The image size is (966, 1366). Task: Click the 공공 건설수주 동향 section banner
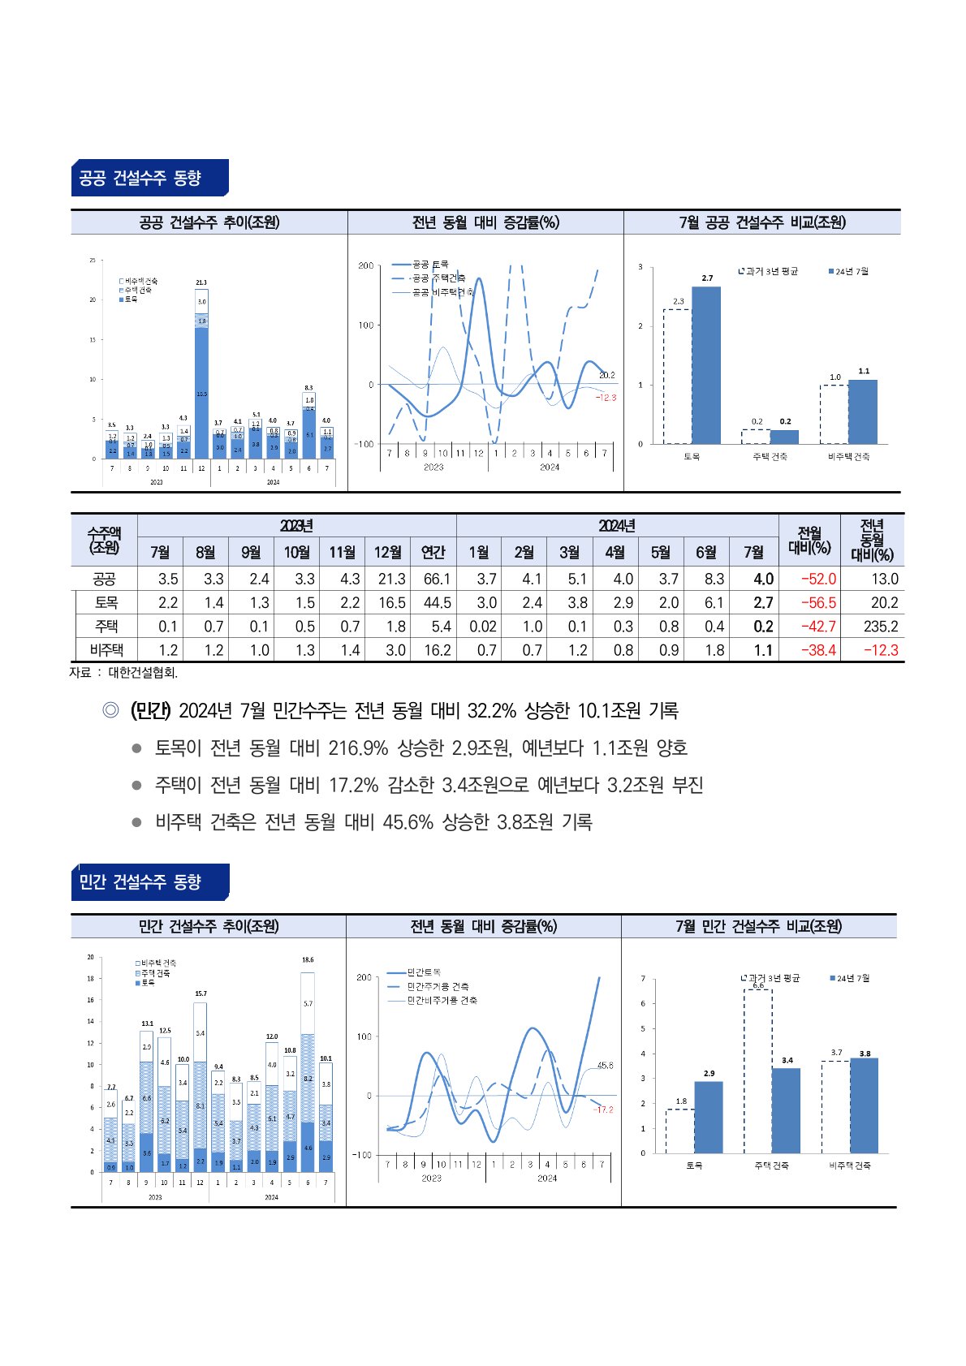coord(149,178)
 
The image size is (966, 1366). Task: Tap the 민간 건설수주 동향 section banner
coord(149,881)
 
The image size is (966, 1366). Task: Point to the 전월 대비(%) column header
coord(809,541)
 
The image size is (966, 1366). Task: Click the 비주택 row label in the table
coord(106,650)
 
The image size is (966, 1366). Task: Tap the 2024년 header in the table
coord(617,526)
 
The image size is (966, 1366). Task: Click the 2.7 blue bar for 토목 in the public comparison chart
coord(706,365)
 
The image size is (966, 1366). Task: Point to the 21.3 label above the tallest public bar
coord(201,282)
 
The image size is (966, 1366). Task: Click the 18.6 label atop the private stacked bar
coord(308,960)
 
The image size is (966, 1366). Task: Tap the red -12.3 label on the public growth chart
coord(606,398)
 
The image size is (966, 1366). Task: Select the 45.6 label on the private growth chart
coord(605,1065)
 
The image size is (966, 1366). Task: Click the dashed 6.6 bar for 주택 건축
coord(757,1071)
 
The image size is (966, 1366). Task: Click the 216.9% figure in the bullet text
coord(358,748)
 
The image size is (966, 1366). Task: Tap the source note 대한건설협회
coord(143,673)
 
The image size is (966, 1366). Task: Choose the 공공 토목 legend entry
coord(429,265)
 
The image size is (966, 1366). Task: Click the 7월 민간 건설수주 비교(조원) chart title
coord(758,926)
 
